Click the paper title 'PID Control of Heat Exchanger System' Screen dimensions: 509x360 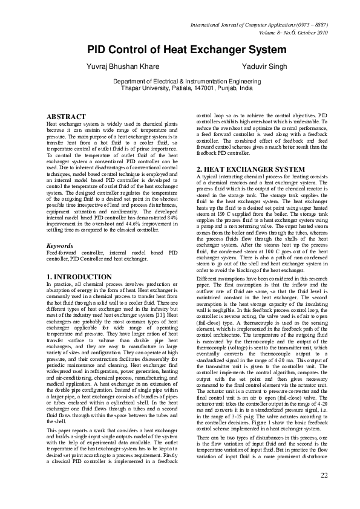[x=180, y=50]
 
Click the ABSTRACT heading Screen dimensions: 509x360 [x=65, y=116]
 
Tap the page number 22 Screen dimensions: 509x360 [x=324, y=491]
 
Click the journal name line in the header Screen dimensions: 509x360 [x=259, y=24]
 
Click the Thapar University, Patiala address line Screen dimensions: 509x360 [x=180, y=88]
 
